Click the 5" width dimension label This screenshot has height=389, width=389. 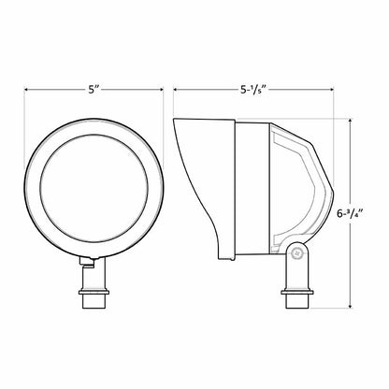[94, 90]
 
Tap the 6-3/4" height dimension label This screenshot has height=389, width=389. [351, 214]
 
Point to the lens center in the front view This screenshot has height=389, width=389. [94, 188]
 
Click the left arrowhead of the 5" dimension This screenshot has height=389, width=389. [27, 90]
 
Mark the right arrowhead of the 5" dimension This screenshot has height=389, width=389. [161, 90]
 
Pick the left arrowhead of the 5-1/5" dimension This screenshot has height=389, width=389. [176, 90]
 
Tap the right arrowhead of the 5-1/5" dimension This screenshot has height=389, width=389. [331, 90]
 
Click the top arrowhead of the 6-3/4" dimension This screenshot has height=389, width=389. [351, 121]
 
